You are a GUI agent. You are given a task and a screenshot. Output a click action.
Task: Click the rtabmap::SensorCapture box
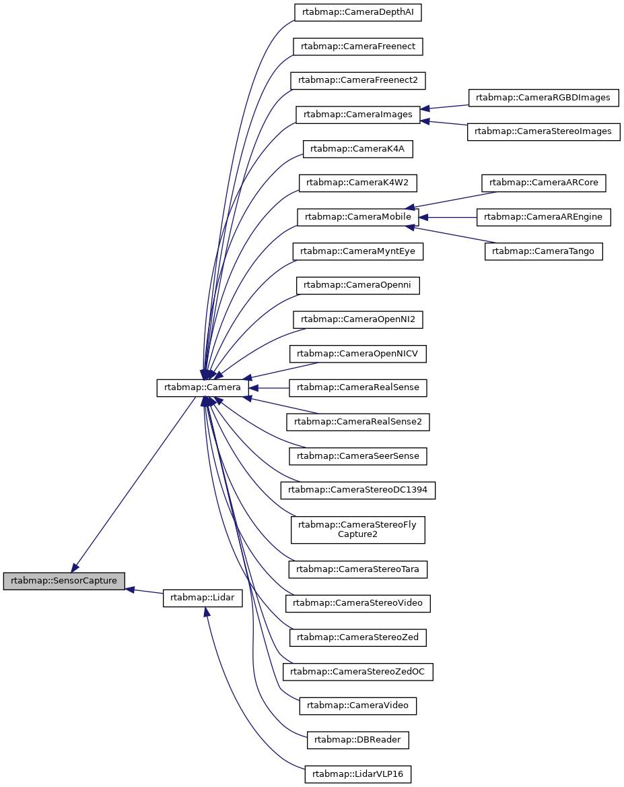click(64, 581)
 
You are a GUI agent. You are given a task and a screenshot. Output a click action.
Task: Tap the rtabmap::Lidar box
click(202, 598)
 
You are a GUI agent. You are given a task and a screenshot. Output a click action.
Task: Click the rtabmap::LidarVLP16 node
click(357, 774)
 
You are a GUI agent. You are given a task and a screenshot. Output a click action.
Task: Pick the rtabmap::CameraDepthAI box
click(357, 12)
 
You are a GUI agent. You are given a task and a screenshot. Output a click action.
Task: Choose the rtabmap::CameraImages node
click(357, 115)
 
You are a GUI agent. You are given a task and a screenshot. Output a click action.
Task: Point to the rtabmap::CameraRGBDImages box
click(543, 98)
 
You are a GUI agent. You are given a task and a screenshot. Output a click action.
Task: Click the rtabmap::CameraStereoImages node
click(543, 132)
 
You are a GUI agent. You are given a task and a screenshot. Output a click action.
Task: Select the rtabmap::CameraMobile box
click(357, 217)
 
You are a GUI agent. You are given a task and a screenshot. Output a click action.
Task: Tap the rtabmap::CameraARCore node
click(544, 183)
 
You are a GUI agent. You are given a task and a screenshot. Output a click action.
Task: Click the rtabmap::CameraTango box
click(544, 251)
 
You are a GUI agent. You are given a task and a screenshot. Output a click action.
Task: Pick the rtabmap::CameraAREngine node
click(543, 217)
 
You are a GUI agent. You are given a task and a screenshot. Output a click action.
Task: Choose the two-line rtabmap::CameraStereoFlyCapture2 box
click(357, 529)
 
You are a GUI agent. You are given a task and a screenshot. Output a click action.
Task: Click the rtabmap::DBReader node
click(357, 740)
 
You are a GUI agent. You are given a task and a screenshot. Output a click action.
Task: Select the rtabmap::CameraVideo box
click(357, 705)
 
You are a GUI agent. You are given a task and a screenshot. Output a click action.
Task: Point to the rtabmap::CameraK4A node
click(357, 149)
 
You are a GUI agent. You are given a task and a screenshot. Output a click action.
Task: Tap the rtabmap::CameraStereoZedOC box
click(357, 672)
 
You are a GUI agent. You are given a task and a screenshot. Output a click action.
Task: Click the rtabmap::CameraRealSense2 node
click(357, 422)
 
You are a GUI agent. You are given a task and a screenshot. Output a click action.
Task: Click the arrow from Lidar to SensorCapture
click(145, 592)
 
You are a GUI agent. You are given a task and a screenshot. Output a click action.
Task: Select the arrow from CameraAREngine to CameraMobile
click(448, 217)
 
